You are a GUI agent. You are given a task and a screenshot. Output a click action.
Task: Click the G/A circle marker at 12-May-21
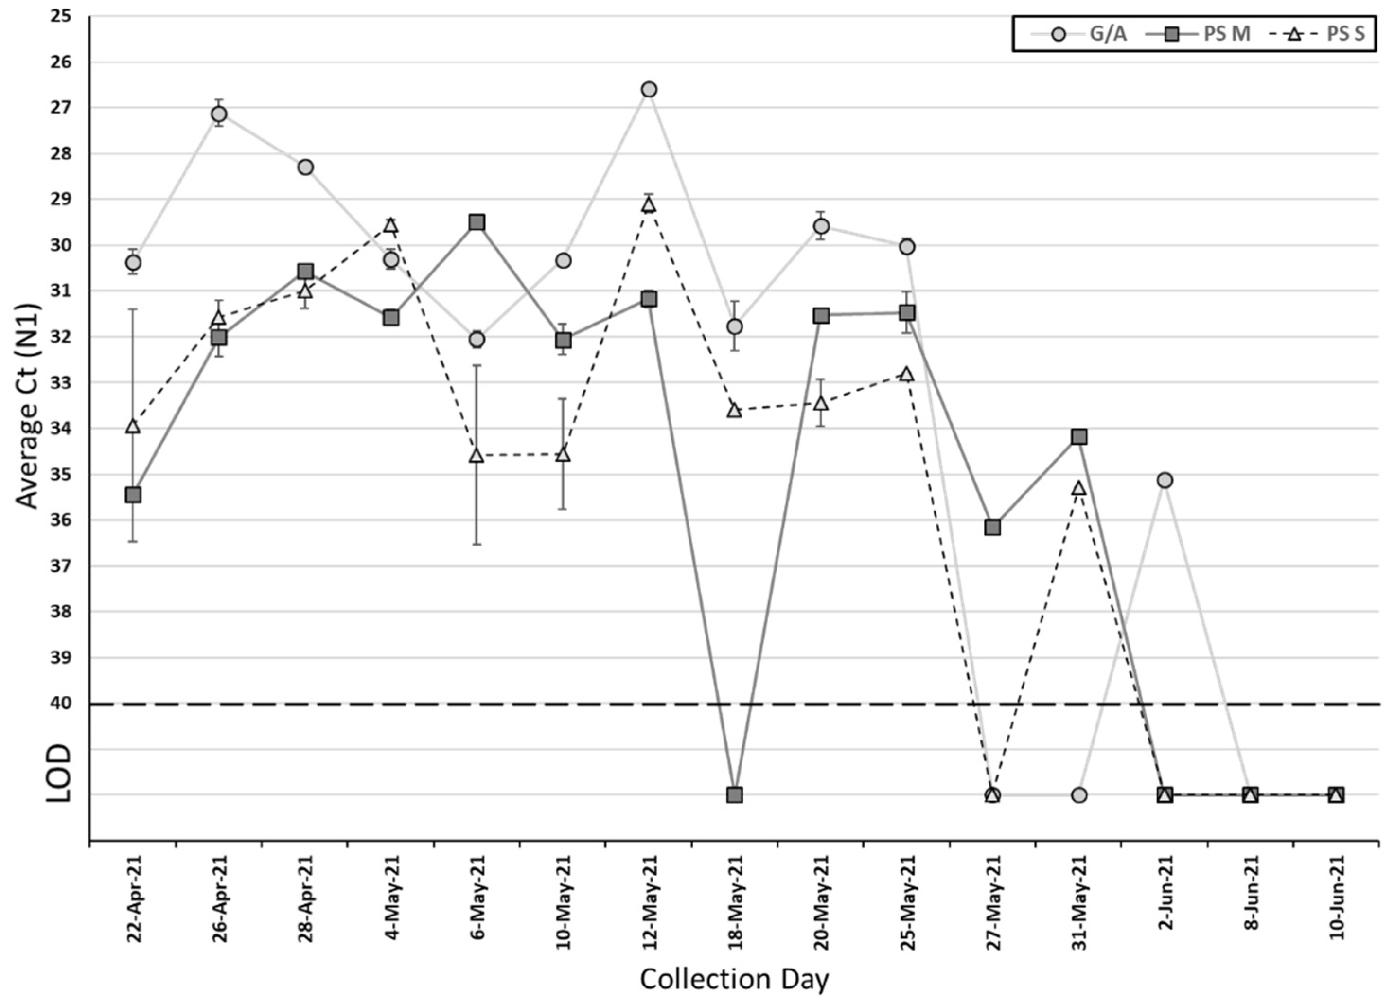coord(649,90)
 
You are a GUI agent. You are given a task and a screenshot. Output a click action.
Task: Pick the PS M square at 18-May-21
coord(735,795)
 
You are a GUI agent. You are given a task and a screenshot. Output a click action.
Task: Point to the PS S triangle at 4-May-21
coord(390,226)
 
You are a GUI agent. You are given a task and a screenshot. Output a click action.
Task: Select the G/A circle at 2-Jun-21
coord(1165,480)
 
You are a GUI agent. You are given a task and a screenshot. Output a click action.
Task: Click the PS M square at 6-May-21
coord(477,222)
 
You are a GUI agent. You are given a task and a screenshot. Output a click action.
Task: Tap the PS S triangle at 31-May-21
coord(1079,489)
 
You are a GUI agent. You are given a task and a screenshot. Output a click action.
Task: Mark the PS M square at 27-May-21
coord(992,527)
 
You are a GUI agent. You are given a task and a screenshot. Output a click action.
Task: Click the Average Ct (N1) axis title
coord(27,406)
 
